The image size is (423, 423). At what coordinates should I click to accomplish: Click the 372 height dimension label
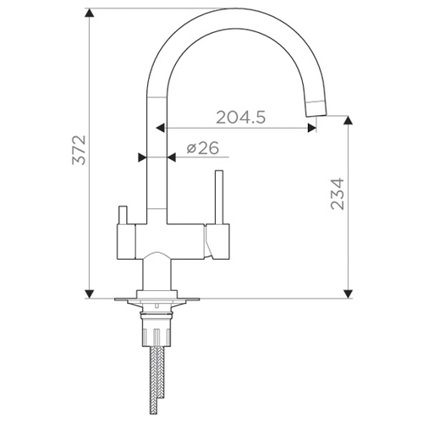pos(79,150)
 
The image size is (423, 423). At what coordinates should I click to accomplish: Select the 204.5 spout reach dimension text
pos(241,118)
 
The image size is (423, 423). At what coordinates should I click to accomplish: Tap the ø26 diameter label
pos(203,148)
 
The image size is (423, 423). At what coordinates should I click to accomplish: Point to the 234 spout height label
pos(338,194)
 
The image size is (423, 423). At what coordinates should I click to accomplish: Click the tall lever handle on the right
pos(219,197)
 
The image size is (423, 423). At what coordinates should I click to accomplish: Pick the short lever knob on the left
pos(124,215)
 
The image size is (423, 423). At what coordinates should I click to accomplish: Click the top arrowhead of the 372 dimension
pos(90,13)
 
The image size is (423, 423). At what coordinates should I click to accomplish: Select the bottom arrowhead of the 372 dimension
pos(90,294)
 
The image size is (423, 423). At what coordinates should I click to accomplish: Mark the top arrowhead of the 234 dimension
pos(349,120)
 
